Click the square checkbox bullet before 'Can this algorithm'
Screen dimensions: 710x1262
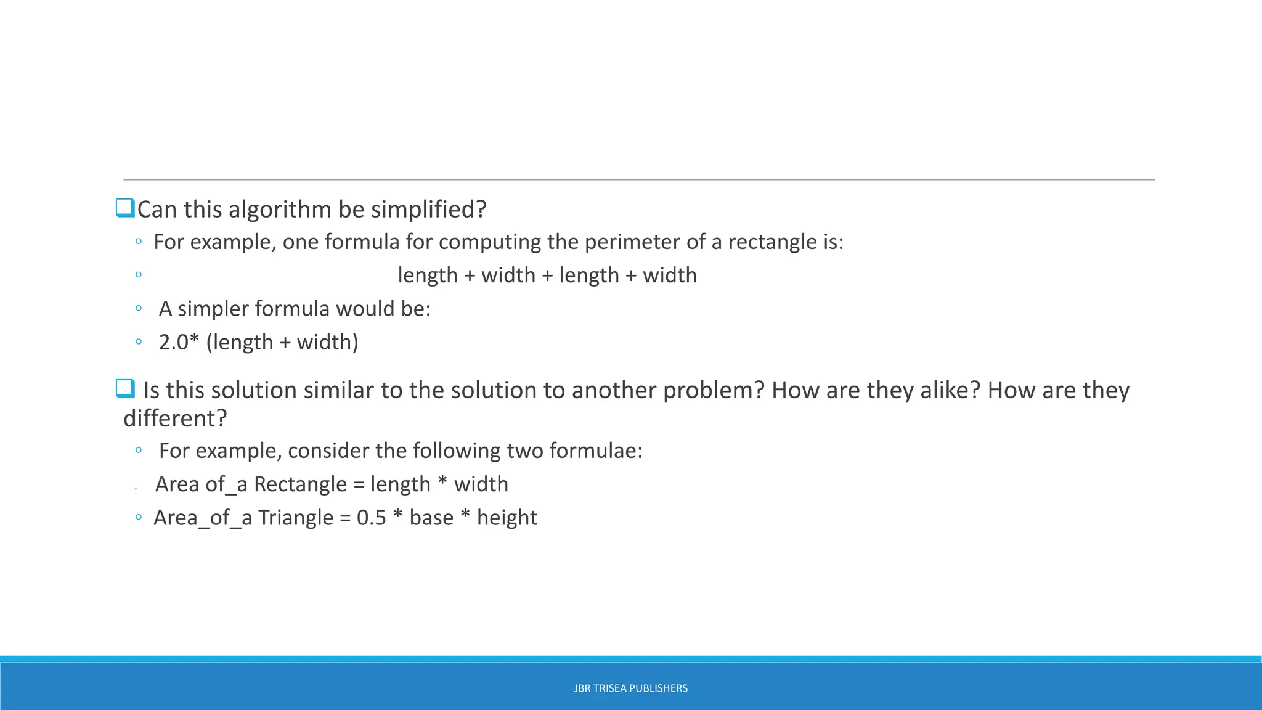[x=125, y=208]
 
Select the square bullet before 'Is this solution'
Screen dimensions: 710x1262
[x=125, y=389]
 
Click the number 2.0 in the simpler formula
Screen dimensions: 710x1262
[x=174, y=342]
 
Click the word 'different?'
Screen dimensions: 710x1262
[x=176, y=418]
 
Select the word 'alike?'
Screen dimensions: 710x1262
[x=950, y=390]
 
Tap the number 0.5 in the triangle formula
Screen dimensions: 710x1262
[x=371, y=518]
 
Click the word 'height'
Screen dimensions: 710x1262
[x=507, y=518]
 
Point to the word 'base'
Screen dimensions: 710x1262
[x=431, y=518]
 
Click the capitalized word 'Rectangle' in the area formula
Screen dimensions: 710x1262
[x=300, y=484]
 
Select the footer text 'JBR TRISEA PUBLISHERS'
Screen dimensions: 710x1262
[x=630, y=688]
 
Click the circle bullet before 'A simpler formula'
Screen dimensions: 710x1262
[x=139, y=308]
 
